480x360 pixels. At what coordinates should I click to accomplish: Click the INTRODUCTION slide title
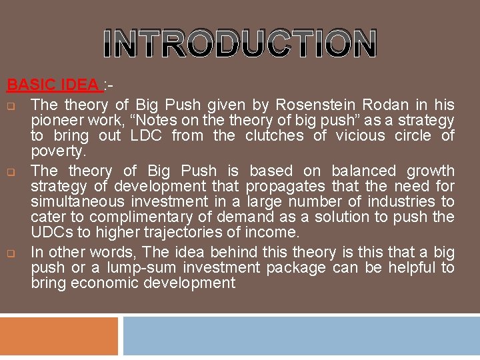coord(240,43)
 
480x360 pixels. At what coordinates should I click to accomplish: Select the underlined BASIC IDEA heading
coord(53,85)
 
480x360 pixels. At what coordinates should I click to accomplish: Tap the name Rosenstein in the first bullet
coord(317,105)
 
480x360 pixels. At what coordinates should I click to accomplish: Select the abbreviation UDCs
coord(50,233)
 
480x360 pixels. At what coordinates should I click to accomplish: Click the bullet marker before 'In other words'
coord(11,253)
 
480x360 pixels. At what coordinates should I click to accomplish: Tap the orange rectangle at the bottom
coord(59,336)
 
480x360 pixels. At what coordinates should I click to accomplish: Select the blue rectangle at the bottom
coord(301,336)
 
